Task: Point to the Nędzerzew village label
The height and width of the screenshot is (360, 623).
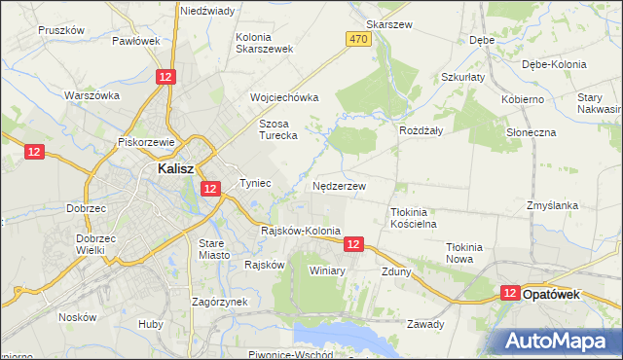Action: tap(340, 185)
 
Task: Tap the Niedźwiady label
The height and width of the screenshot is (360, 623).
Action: tap(206, 11)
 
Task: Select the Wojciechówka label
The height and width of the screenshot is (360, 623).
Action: tap(284, 98)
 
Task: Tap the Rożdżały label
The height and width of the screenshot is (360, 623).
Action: tap(421, 129)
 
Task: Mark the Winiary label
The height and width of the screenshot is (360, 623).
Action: tap(327, 270)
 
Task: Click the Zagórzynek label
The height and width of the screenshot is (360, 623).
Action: tap(219, 302)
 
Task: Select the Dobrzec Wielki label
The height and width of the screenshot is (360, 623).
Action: tap(93, 244)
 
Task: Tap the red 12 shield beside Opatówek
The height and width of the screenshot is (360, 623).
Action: tap(510, 292)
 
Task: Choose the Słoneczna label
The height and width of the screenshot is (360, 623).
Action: tap(531, 131)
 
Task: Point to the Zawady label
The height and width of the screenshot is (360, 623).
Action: tap(425, 324)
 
